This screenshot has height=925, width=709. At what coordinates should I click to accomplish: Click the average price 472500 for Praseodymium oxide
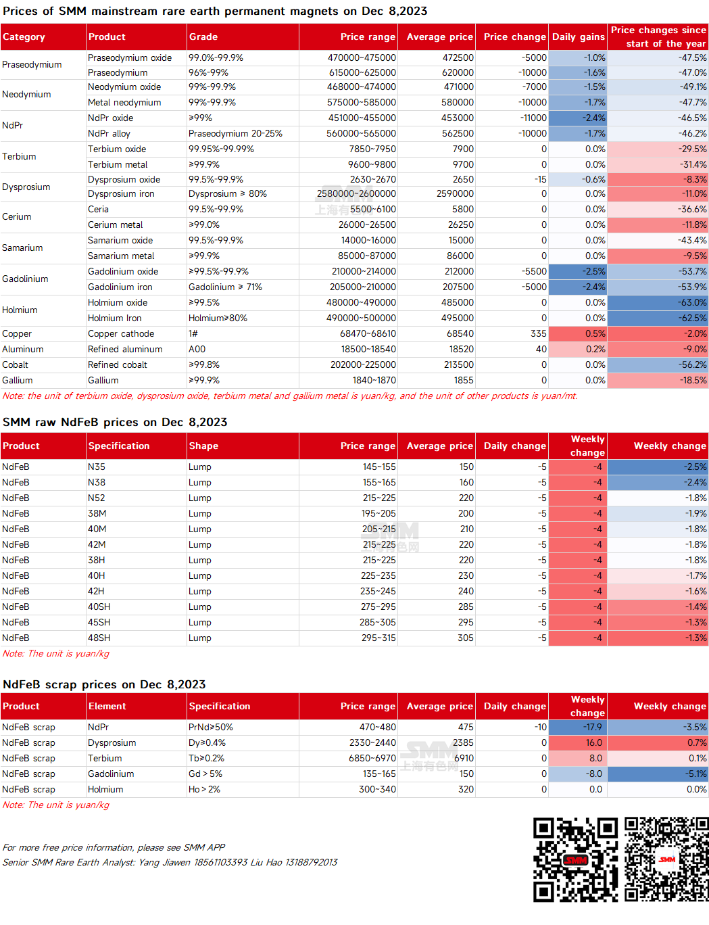click(x=458, y=57)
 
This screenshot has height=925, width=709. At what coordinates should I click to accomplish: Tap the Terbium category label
click(x=19, y=156)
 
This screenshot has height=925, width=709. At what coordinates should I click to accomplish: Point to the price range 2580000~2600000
click(x=356, y=193)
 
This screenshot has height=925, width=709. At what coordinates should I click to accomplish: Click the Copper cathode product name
click(x=121, y=334)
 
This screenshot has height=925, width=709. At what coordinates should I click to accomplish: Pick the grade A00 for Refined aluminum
click(x=197, y=349)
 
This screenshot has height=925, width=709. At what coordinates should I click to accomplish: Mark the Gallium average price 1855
click(x=464, y=380)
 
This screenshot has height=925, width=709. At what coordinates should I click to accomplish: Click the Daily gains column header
click(x=578, y=37)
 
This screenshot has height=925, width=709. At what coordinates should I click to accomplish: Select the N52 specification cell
click(x=96, y=498)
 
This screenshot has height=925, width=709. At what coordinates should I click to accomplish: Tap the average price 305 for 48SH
click(x=466, y=638)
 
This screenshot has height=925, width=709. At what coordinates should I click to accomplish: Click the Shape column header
click(x=203, y=446)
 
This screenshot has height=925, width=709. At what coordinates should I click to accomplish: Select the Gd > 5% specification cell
click(x=205, y=774)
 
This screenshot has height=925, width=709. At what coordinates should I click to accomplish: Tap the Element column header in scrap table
click(x=107, y=706)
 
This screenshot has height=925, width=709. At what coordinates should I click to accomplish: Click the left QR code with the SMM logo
click(x=575, y=860)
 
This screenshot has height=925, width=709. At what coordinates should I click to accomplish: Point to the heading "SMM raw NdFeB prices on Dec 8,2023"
click(x=115, y=423)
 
